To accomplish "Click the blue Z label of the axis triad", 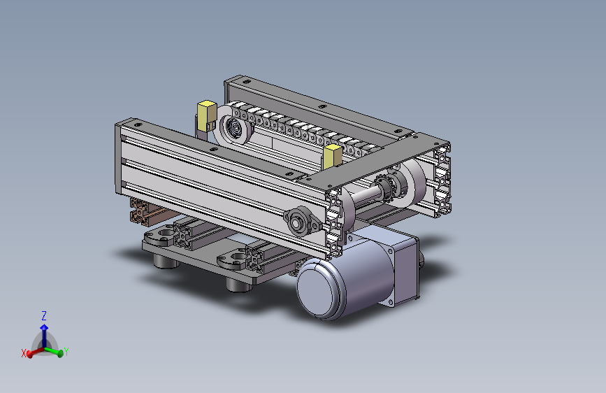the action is pyautogui.click(x=44, y=315).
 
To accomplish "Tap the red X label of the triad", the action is pyautogui.click(x=24, y=352).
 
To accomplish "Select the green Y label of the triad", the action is pyautogui.click(x=66, y=352).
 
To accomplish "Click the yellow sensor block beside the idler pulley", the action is pyautogui.click(x=206, y=115).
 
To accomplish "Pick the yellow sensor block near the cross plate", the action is pyautogui.click(x=332, y=157).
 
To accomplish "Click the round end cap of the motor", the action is pyautogui.click(x=319, y=289).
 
